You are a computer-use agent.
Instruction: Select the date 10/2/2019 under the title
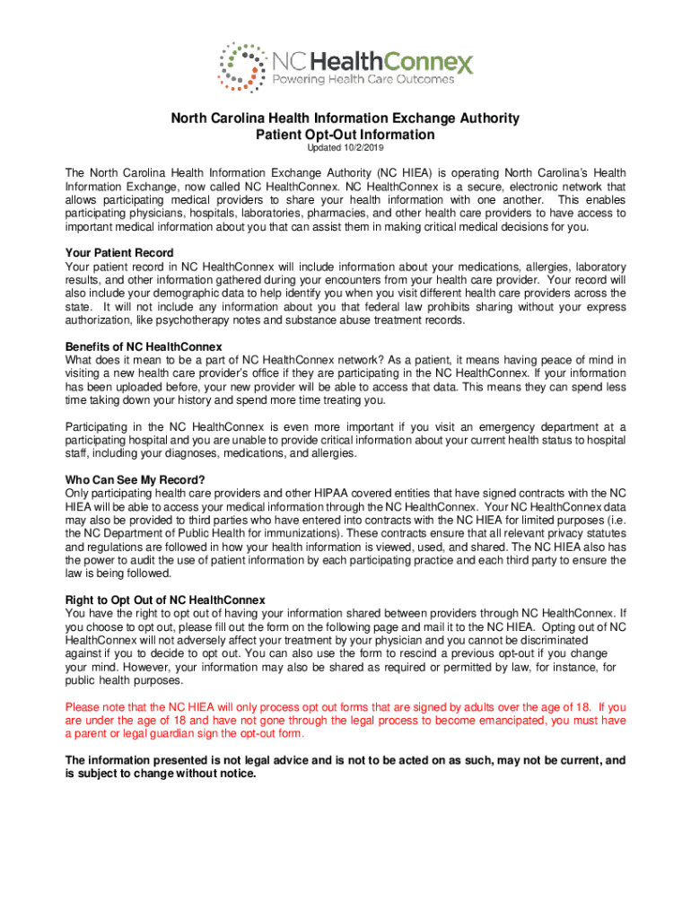[x=363, y=147]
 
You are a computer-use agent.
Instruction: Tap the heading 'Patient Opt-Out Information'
[x=345, y=135]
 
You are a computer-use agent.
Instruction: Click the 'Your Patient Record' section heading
[x=119, y=253]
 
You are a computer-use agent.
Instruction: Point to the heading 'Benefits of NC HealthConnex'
[x=144, y=347]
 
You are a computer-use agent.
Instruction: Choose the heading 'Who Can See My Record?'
[x=136, y=479]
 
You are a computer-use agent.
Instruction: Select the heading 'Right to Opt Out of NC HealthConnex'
[x=165, y=600]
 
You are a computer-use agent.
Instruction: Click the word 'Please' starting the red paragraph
[x=82, y=706]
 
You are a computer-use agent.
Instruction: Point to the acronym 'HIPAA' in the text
[x=359, y=493]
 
